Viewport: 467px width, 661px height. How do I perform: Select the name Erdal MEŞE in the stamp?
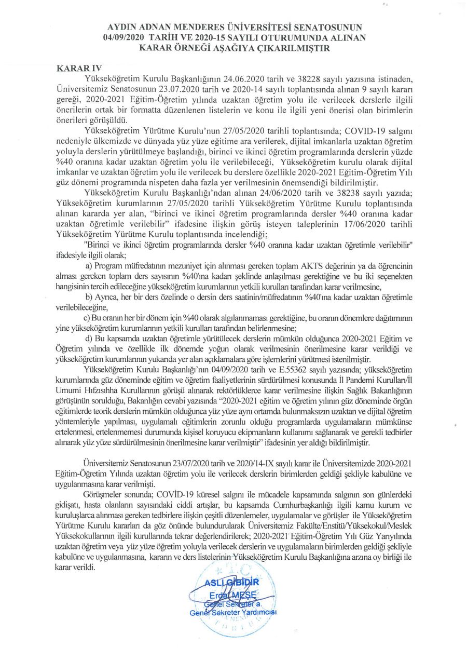pyautogui.click(x=231, y=595)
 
